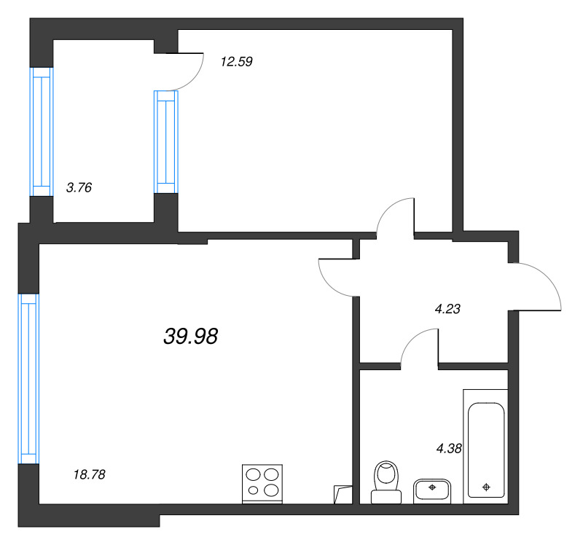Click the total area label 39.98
click(190, 336)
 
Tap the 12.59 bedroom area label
click(236, 61)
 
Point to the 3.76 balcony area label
click(79, 187)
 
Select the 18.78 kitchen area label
click(90, 474)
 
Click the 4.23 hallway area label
click(447, 308)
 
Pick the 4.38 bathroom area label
click(449, 448)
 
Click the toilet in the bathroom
click(386, 482)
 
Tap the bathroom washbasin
click(432, 491)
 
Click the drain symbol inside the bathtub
click(486, 487)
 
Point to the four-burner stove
click(262, 484)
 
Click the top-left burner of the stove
click(253, 474)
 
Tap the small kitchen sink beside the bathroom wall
click(343, 495)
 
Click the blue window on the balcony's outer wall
click(42, 132)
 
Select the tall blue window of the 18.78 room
click(28, 379)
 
